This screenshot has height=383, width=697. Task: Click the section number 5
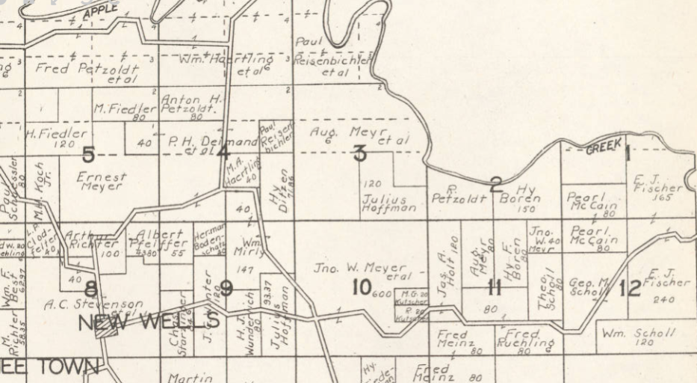coord(89,156)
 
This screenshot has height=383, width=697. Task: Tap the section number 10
coord(362,286)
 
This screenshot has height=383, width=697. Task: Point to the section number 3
coord(360,154)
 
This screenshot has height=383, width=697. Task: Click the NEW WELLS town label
coord(149,322)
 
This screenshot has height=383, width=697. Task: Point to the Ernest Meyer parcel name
coord(102,183)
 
